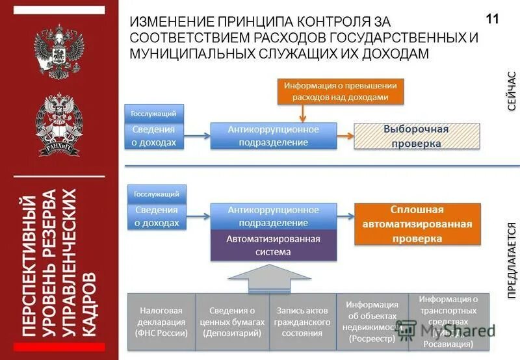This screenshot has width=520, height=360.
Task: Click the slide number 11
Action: (492, 19)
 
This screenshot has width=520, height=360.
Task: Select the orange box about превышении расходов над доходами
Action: (341, 92)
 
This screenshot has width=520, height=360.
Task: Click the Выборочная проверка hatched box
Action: (416, 136)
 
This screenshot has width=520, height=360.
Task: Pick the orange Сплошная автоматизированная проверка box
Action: (417, 224)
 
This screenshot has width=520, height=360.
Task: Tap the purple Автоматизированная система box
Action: (273, 245)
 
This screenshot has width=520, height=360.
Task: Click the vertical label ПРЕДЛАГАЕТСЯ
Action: (512, 260)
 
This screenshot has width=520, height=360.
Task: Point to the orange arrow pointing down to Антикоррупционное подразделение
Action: (302, 112)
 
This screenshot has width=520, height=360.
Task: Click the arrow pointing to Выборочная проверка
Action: (346, 136)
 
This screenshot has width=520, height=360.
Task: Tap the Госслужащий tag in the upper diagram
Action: (153, 114)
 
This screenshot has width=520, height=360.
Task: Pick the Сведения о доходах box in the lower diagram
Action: (157, 216)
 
